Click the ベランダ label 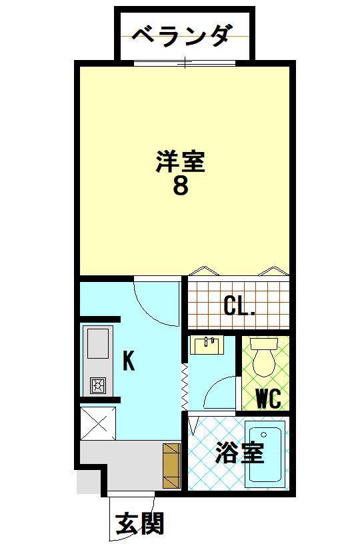click(181, 34)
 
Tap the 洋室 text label click(180, 162)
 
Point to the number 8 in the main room click(180, 186)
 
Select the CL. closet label click(239, 307)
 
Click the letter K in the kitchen click(129, 361)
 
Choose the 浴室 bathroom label click(239, 454)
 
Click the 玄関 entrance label click(139, 524)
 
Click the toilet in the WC click(265, 358)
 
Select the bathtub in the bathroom click(265, 453)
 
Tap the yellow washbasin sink click(207, 345)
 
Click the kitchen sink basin click(98, 344)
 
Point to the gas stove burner click(98, 385)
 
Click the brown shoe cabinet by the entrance click(171, 466)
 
